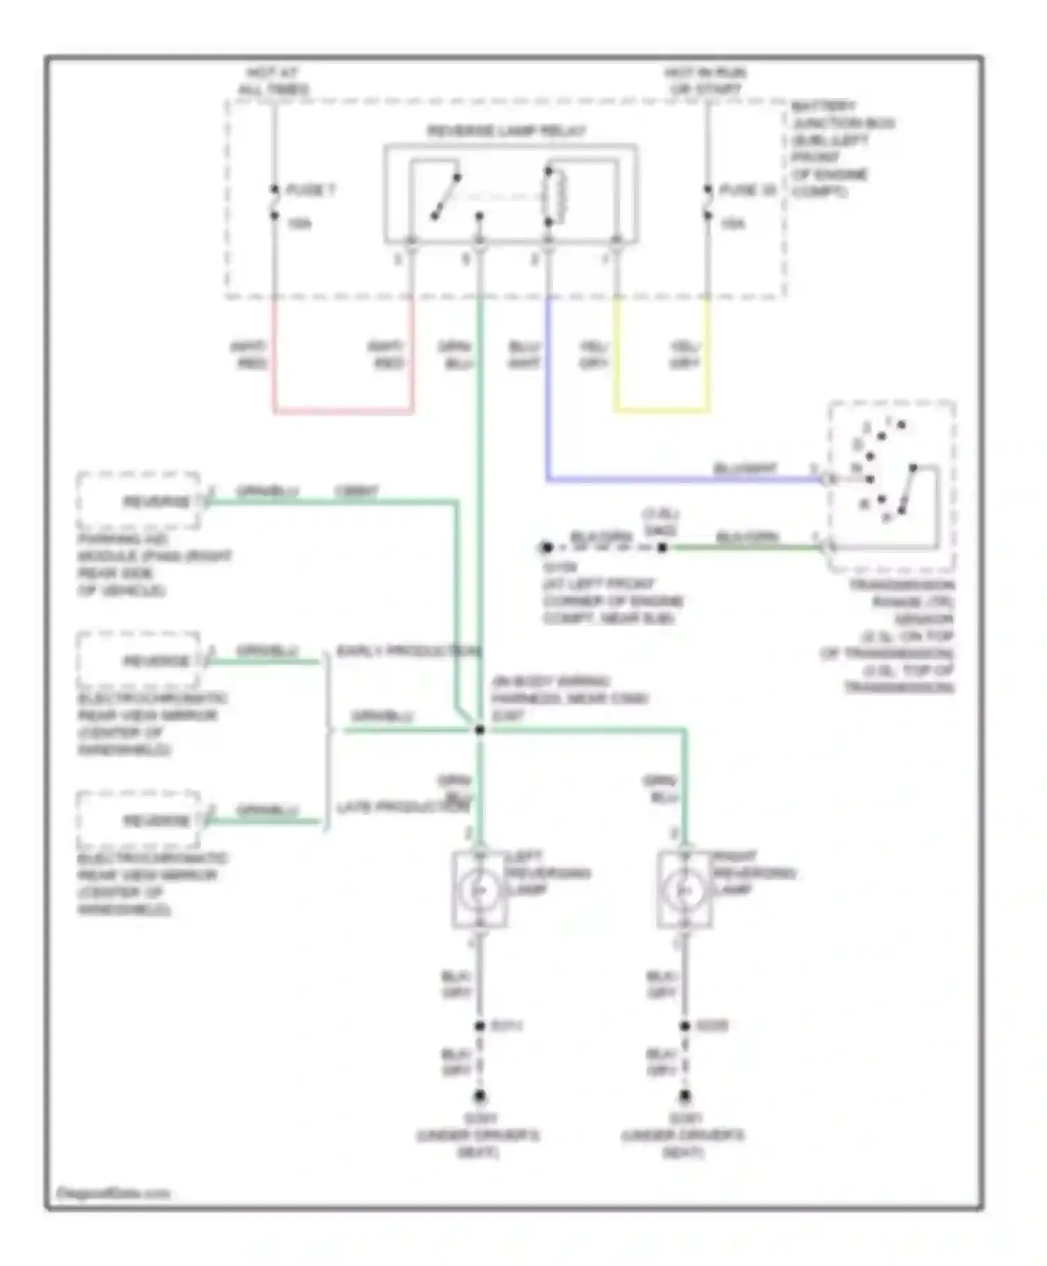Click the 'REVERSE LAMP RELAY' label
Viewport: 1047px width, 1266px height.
(x=506, y=131)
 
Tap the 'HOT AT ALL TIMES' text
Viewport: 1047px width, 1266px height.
(x=273, y=81)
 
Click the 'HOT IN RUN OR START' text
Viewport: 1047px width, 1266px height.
(x=706, y=81)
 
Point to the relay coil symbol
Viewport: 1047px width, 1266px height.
(x=558, y=196)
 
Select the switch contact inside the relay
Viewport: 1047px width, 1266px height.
(x=445, y=197)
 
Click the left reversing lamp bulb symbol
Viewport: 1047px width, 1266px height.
(x=480, y=890)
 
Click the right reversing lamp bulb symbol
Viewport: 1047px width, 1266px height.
(x=685, y=890)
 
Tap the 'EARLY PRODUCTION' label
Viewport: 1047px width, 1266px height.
(x=409, y=651)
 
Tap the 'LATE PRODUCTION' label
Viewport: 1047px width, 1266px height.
(x=403, y=807)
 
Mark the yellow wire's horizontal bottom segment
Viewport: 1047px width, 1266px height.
(x=662, y=410)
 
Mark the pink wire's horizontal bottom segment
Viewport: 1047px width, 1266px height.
(x=343, y=411)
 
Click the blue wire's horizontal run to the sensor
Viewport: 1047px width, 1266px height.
(x=684, y=479)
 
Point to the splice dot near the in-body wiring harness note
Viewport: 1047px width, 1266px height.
(x=480, y=730)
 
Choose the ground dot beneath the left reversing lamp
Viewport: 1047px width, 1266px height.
(x=480, y=1096)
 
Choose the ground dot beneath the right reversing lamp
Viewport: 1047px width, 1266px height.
(x=685, y=1096)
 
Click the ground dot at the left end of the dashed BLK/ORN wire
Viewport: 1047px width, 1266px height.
(x=547, y=548)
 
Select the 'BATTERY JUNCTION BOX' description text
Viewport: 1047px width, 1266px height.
(x=841, y=149)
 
